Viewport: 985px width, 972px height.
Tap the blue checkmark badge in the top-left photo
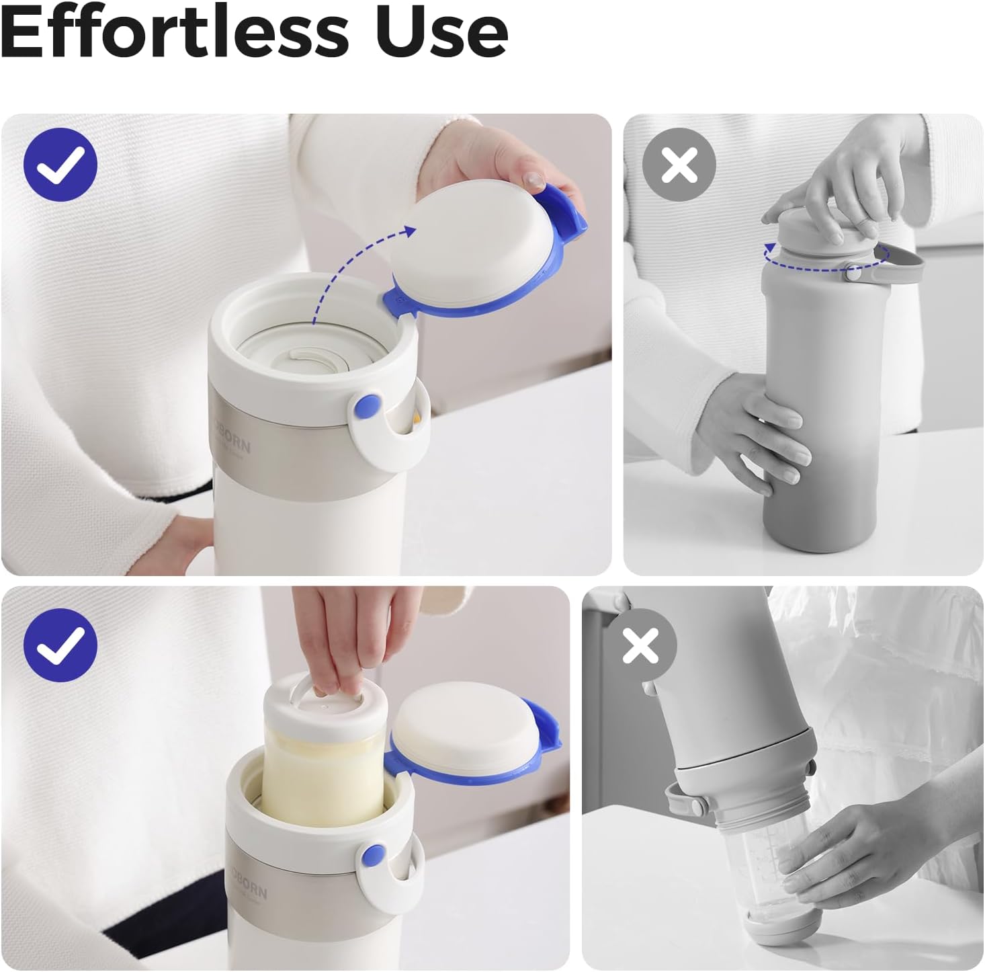60,164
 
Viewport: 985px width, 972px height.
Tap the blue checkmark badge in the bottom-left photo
60,645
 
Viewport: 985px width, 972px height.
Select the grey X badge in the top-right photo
679,164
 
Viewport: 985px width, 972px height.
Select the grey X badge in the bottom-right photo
640,645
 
